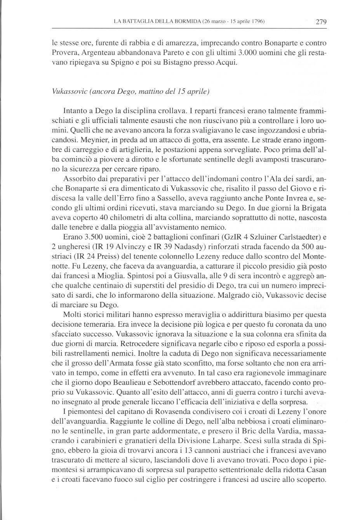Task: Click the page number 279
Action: [x=320, y=22]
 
